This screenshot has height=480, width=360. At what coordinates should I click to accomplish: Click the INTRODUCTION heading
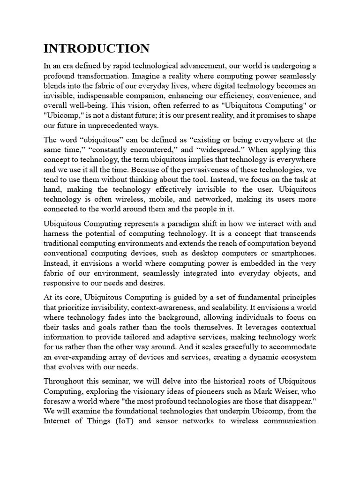click(97, 48)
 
